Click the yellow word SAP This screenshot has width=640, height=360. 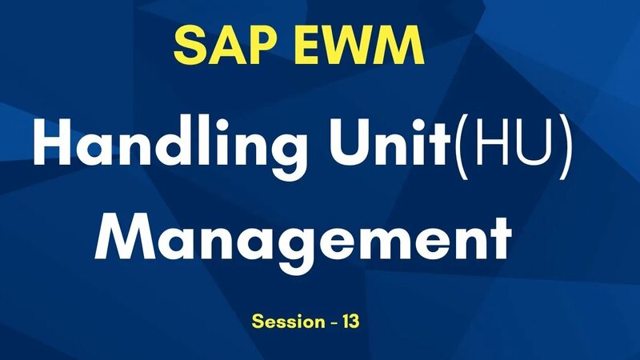click(222, 46)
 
